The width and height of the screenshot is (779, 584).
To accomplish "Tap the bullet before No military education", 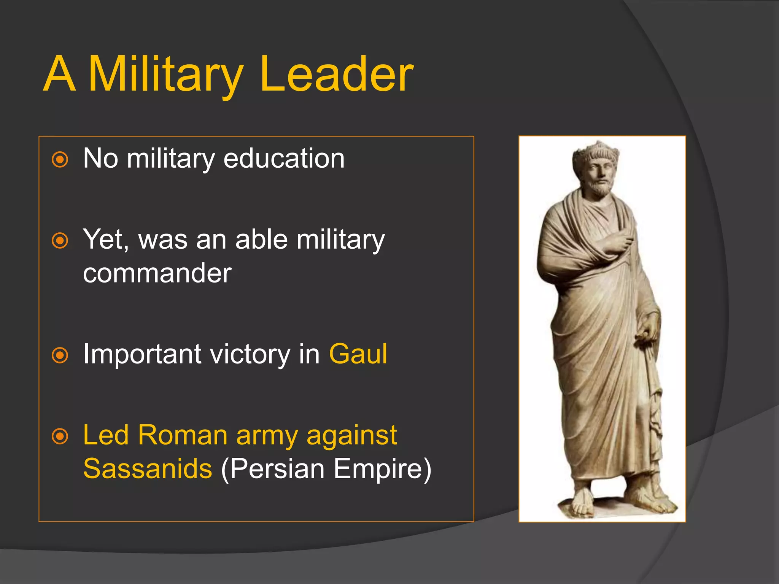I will [60, 160].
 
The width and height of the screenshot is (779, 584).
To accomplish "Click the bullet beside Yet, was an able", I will [60, 241].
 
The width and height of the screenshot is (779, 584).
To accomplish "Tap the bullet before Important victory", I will [60, 355].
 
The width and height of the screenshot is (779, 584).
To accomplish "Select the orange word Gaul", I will [358, 354].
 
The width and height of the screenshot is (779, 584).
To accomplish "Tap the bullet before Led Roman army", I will [60, 436].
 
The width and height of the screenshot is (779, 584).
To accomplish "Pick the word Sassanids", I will [148, 468].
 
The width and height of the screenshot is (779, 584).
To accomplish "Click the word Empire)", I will [383, 468].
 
